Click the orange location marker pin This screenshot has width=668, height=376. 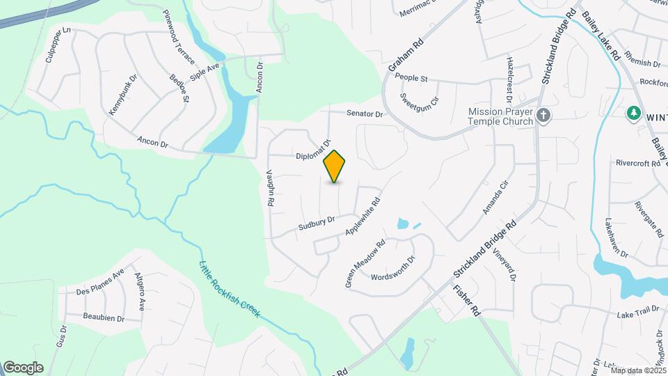(x=335, y=166)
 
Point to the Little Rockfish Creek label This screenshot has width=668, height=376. (x=230, y=288)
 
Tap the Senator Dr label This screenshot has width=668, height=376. (x=365, y=113)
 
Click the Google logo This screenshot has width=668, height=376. (x=23, y=368)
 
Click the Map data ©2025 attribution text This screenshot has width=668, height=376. (x=638, y=370)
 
